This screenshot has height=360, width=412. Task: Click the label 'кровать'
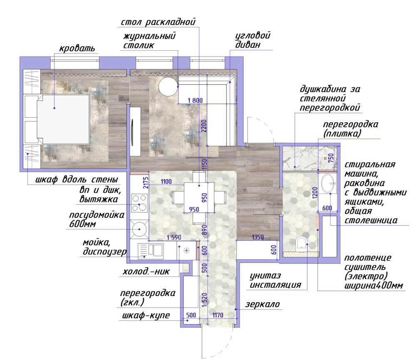click(77, 49)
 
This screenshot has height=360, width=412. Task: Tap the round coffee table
click(169, 86)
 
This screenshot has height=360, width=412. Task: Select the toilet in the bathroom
click(301, 244)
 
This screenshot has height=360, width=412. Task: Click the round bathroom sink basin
click(328, 183)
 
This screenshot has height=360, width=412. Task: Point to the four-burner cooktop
click(139, 203)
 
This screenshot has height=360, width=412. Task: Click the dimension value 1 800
click(195, 101)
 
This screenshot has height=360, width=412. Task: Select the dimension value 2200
click(204, 126)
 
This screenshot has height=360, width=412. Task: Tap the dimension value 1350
click(258, 237)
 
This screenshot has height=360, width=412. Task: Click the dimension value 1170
click(218, 315)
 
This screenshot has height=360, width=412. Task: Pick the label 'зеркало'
click(263, 304)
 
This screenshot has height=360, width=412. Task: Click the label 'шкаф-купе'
click(146, 316)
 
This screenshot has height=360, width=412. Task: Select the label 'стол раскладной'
click(158, 22)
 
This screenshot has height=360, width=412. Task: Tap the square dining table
click(199, 197)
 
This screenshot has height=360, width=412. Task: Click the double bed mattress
click(63, 119)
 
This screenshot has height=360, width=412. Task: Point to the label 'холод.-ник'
click(146, 271)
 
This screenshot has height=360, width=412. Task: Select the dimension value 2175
click(146, 182)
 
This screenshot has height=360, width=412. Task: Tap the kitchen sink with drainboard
click(151, 251)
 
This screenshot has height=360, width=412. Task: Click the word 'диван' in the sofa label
click(248, 44)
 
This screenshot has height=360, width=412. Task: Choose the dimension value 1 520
click(204, 300)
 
